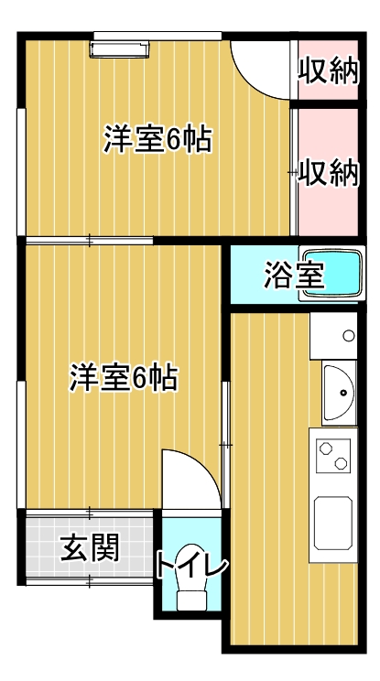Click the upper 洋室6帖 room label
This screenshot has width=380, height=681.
click(x=157, y=139)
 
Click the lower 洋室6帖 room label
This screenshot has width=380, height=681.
click(x=124, y=377)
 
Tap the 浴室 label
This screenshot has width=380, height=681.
click(x=295, y=276)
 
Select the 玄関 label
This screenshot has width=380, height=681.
click(x=90, y=547)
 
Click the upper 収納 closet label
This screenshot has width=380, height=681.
click(x=329, y=70)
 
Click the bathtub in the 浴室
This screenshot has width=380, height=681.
click(x=331, y=273)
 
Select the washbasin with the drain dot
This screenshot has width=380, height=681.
click(x=339, y=393)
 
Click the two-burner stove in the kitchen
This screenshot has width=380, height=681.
click(x=333, y=456)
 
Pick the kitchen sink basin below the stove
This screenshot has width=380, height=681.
click(x=333, y=523)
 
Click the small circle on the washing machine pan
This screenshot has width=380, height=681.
click(x=349, y=335)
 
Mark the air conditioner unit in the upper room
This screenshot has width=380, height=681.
click(x=119, y=49)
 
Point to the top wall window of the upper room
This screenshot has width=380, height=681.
click(x=157, y=36)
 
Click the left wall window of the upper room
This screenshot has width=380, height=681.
click(x=21, y=172)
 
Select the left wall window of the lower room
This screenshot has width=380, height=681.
click(x=21, y=445)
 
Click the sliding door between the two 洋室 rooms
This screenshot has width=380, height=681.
click(x=90, y=240)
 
